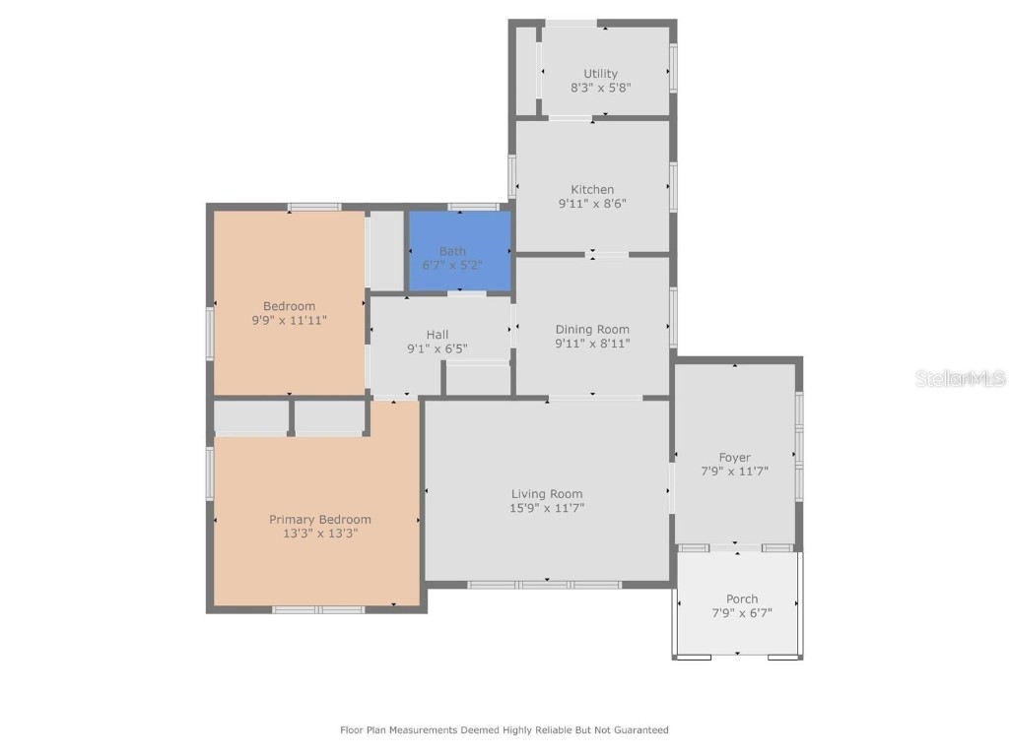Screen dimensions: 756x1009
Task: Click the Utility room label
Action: (x=600, y=74)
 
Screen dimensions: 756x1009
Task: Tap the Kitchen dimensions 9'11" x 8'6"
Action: (x=592, y=204)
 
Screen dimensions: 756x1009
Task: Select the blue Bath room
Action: (x=459, y=252)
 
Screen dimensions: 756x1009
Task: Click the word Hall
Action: (x=437, y=335)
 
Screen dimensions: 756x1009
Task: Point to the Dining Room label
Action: (x=592, y=330)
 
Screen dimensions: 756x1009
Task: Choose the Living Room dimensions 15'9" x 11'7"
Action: (x=547, y=508)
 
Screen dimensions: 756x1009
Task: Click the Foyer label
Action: (x=734, y=458)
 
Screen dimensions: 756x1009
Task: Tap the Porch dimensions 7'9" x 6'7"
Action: (x=742, y=613)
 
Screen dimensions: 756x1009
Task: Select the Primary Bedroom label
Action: (x=320, y=520)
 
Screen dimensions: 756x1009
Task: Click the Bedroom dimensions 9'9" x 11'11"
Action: (x=290, y=320)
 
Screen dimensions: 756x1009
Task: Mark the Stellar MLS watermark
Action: (x=960, y=378)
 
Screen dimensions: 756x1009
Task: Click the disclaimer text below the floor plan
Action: (x=504, y=730)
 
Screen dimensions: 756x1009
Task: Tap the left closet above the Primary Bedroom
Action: (x=250, y=417)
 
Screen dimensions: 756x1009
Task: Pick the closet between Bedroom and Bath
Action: (x=386, y=250)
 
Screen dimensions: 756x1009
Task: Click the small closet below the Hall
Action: (x=478, y=379)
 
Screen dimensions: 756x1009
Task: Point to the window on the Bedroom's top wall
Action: (x=314, y=207)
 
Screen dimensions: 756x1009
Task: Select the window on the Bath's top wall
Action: (x=473, y=207)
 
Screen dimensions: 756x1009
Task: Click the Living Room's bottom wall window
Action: (x=544, y=585)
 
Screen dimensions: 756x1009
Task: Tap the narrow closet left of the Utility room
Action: (x=525, y=69)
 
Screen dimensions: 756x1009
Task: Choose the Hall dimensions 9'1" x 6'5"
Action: (x=437, y=348)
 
